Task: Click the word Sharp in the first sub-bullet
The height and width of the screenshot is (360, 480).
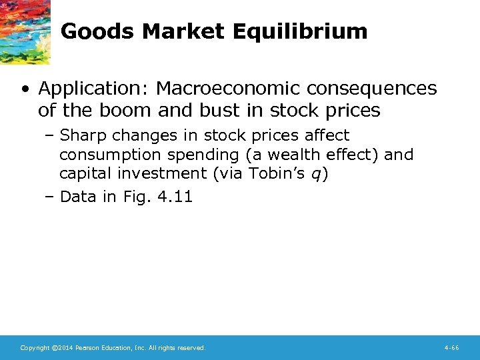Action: (83, 136)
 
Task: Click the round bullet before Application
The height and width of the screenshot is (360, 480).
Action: (25, 89)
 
